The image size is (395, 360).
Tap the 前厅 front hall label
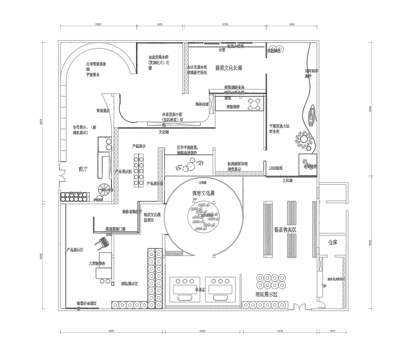point(73,169)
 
